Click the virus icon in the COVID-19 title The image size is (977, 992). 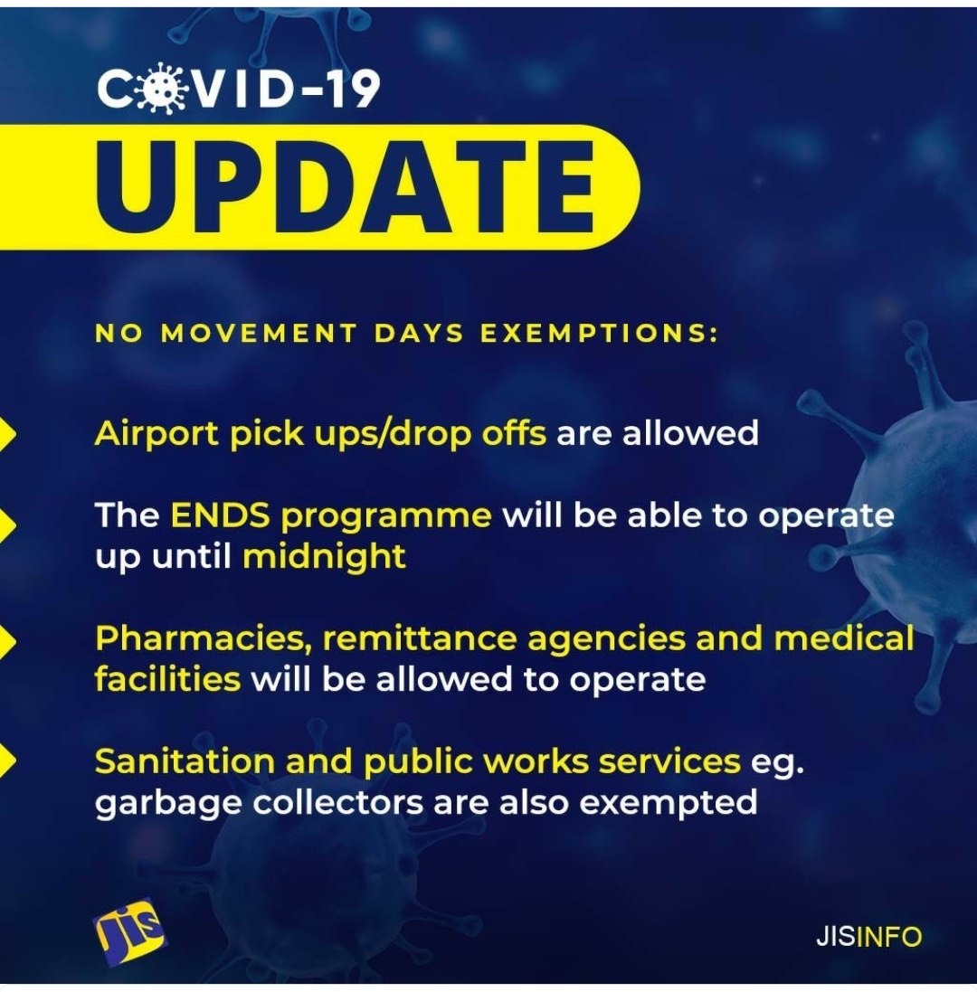tap(162, 89)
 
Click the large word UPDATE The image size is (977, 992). tap(346, 186)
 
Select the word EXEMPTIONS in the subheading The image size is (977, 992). tap(599, 333)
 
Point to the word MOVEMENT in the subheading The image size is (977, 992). tap(260, 333)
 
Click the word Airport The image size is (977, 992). tap(157, 435)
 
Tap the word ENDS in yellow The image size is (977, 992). tap(220, 515)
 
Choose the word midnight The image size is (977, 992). tap(324, 557)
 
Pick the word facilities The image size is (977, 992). tap(167, 679)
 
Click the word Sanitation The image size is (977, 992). tap(185, 761)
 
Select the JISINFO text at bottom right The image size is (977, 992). tap(868, 936)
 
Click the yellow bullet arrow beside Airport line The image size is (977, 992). tap(7, 434)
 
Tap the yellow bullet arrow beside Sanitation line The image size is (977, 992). tap(7, 761)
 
